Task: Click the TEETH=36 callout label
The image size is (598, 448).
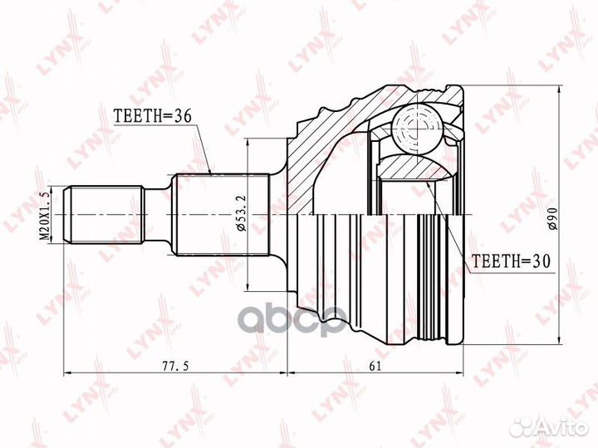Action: pos(153,116)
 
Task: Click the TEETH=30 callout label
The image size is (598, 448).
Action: pos(512,261)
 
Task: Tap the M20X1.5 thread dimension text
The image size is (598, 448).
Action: pos(46,215)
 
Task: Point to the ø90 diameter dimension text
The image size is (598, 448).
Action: pos(553,219)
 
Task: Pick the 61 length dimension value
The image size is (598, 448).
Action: pos(375,366)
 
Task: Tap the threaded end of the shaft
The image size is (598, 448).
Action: pos(104,215)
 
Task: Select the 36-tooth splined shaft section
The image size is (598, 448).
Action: pos(221,215)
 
